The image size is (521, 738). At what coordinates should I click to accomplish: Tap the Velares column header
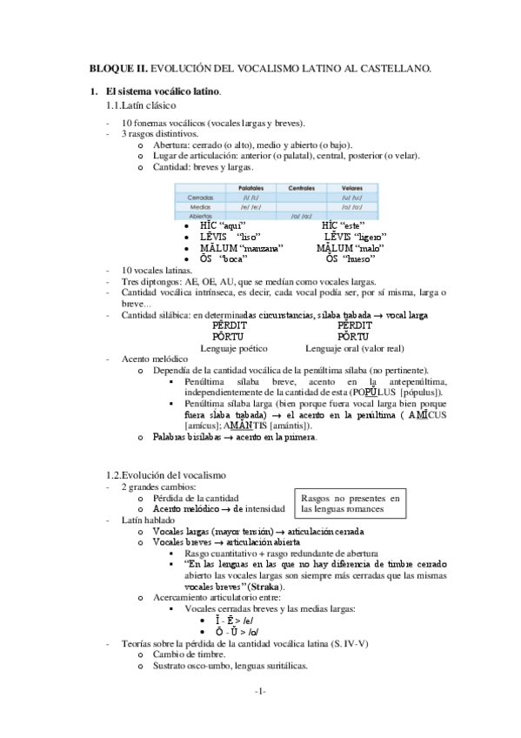351,187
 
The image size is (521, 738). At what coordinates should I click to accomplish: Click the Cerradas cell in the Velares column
351,197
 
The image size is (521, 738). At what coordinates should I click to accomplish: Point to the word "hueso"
360,258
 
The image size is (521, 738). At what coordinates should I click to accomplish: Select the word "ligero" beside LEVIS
369,237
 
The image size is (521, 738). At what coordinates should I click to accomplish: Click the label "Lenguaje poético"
234,347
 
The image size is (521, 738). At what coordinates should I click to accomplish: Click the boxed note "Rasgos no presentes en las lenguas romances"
350,503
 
